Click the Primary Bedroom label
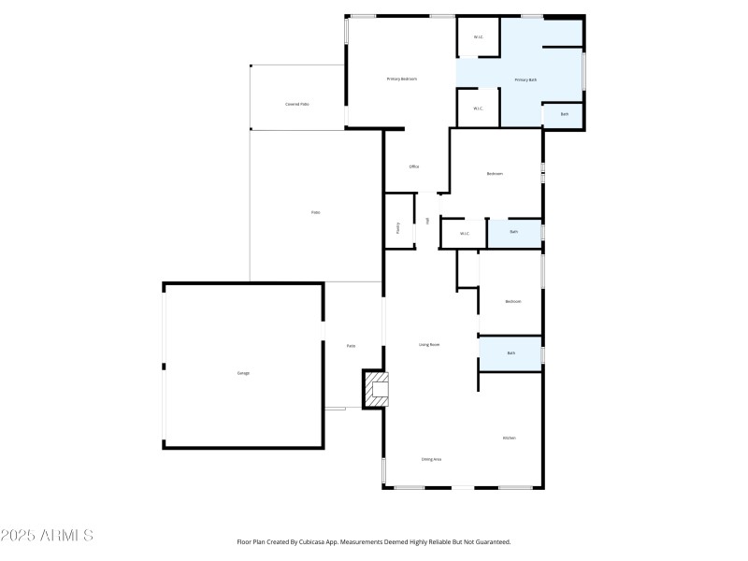click(401, 79)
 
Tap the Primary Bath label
click(525, 80)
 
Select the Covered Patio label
click(297, 104)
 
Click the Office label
click(413, 166)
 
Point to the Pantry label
click(398, 226)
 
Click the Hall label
click(428, 221)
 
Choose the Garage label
click(243, 373)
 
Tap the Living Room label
click(429, 345)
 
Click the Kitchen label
click(509, 438)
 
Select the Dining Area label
click(431, 459)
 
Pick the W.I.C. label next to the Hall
click(463, 233)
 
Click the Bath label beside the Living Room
click(511, 353)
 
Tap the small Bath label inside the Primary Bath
click(564, 114)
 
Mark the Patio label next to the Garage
click(351, 346)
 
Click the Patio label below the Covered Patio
click(316, 213)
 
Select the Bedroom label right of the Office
click(495, 174)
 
